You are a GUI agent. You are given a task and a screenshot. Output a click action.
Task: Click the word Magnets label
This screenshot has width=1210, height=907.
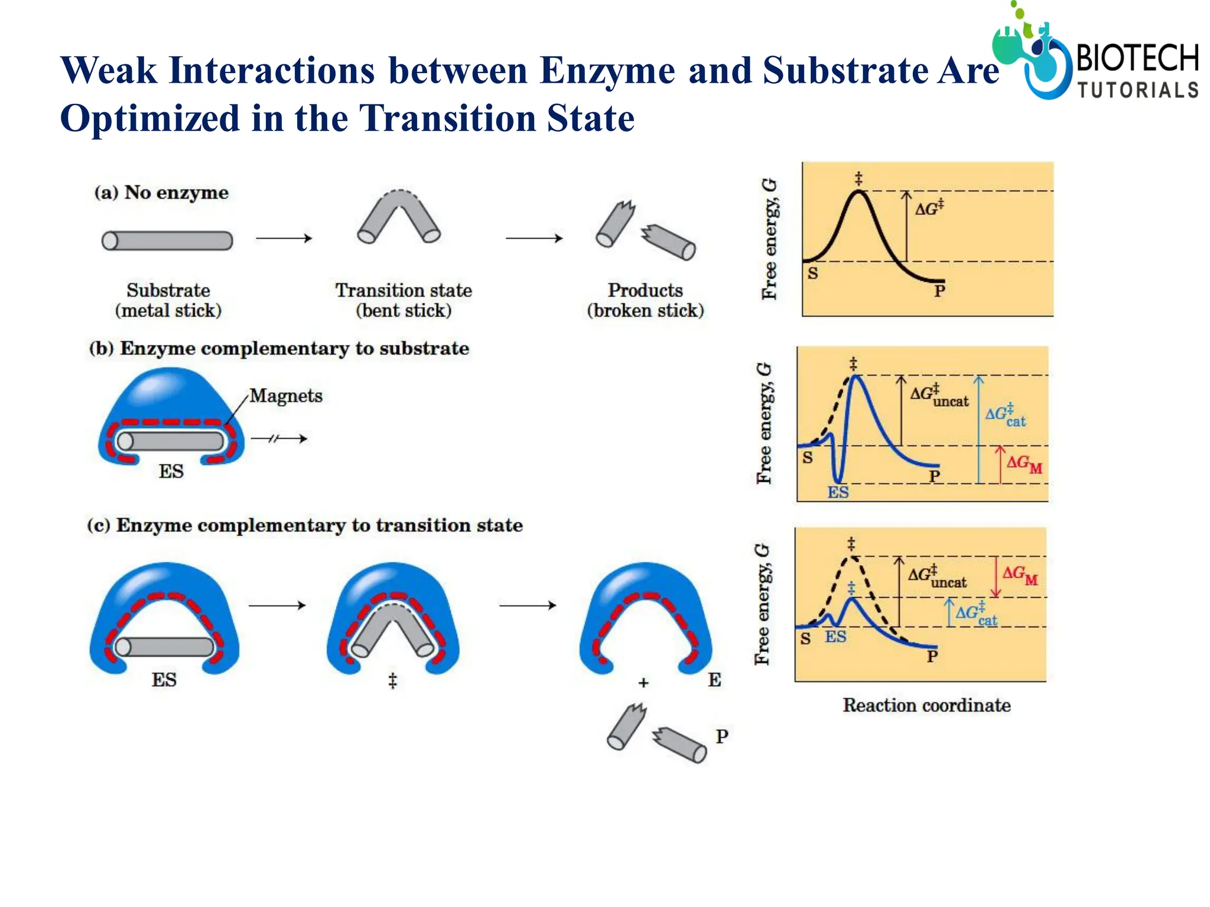286,396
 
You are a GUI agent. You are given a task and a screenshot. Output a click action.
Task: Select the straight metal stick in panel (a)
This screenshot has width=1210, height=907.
167,240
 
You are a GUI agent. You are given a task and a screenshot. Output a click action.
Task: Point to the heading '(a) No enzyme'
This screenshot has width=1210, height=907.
161,193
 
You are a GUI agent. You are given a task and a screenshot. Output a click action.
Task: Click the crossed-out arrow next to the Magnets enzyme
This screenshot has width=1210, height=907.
279,438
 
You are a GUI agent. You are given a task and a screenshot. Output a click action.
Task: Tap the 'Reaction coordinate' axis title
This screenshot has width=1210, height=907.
926,705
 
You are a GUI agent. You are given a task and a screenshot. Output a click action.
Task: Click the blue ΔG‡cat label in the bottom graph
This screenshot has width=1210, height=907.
975,614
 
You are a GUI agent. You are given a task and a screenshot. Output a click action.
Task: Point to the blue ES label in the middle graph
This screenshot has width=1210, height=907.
838,492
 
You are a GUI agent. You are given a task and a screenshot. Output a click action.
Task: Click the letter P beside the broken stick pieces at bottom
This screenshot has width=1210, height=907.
721,736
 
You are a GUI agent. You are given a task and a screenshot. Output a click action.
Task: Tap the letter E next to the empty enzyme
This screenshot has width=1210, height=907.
714,680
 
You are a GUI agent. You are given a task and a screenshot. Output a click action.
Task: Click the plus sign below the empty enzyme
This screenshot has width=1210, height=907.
643,683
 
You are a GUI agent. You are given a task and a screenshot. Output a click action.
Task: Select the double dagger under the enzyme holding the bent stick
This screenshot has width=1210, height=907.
392,681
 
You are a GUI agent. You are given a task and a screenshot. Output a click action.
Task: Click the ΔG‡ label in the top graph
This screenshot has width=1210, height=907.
929,208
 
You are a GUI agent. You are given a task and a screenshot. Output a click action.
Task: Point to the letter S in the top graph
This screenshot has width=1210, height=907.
813,273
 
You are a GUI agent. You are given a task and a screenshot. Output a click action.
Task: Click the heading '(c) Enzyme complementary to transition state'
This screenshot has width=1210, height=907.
305,525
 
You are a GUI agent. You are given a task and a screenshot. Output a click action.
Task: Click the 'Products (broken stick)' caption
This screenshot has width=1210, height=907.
645,300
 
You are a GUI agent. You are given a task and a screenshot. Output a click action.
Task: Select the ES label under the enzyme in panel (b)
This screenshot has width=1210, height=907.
171,471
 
